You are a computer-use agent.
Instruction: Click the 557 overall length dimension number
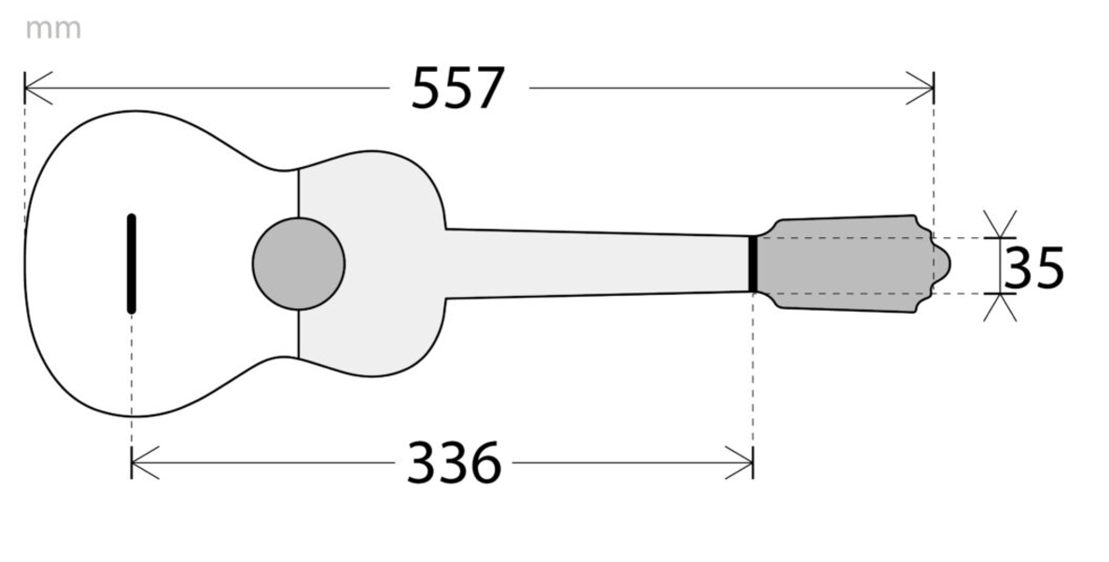click(x=457, y=89)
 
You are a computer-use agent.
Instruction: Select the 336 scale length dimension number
click(x=454, y=463)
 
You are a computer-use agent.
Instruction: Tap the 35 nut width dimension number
click(x=1033, y=269)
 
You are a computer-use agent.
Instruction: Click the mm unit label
click(x=53, y=30)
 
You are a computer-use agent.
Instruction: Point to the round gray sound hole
click(x=299, y=263)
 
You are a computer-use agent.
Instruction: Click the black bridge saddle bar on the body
click(x=132, y=263)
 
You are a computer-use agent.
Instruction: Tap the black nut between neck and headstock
click(x=753, y=263)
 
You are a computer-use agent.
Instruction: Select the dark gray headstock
click(x=849, y=263)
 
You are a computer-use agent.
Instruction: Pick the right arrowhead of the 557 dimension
click(x=920, y=89)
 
